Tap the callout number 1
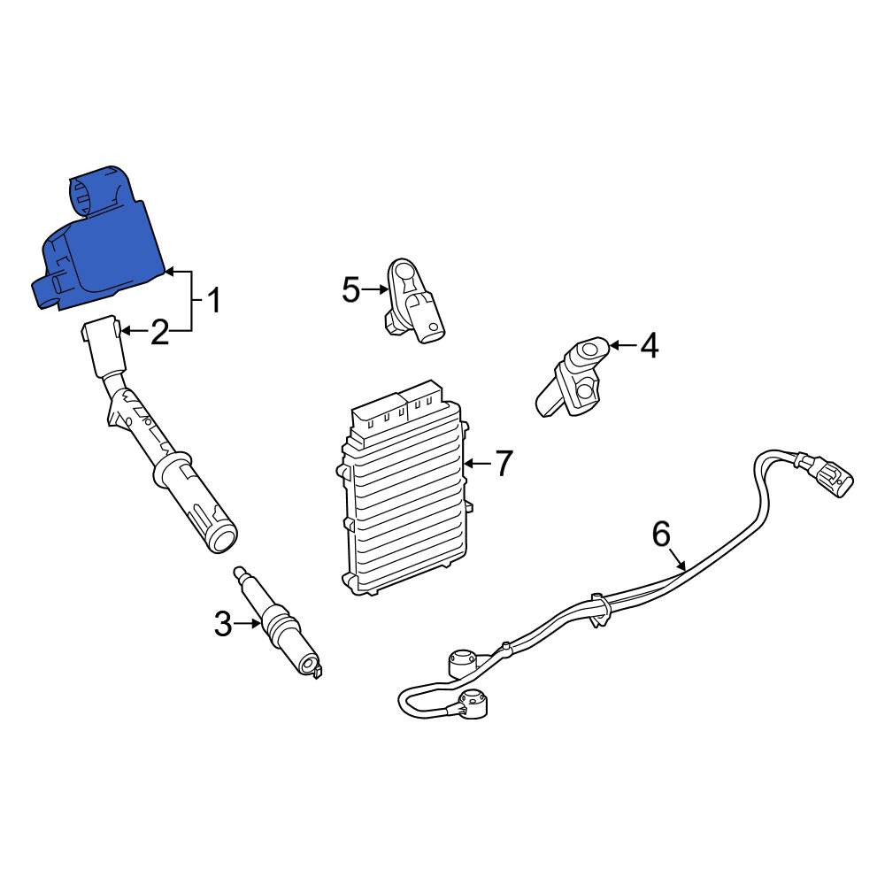(x=213, y=301)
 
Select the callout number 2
(x=159, y=332)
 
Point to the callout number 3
(x=223, y=624)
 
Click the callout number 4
(x=649, y=345)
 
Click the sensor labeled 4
(x=573, y=377)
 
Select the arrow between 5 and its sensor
(x=375, y=290)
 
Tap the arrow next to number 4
(x=622, y=345)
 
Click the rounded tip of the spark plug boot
(x=221, y=538)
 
